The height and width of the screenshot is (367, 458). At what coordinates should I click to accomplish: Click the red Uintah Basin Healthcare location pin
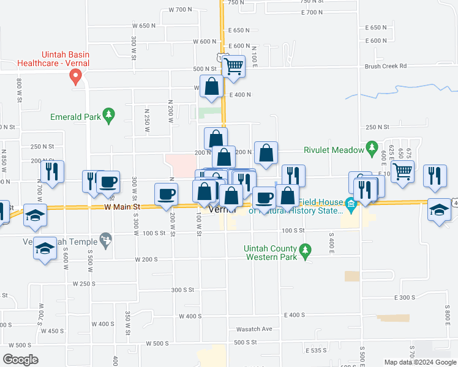pyautogui.click(x=76, y=76)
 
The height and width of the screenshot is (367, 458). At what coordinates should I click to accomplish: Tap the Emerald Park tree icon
pyautogui.click(x=108, y=114)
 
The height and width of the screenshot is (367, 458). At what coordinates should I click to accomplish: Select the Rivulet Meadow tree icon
pyautogui.click(x=371, y=147)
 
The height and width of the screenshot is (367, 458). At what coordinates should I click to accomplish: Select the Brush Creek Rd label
pyautogui.click(x=386, y=67)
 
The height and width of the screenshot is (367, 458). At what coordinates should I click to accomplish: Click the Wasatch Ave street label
pyautogui.click(x=258, y=328)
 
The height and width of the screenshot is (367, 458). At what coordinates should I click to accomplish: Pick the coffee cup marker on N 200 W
pyautogui.click(x=167, y=195)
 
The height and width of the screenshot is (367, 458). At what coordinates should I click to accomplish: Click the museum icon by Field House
pyautogui.click(x=351, y=204)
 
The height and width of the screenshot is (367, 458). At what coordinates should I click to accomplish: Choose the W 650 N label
pyautogui.click(x=145, y=26)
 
